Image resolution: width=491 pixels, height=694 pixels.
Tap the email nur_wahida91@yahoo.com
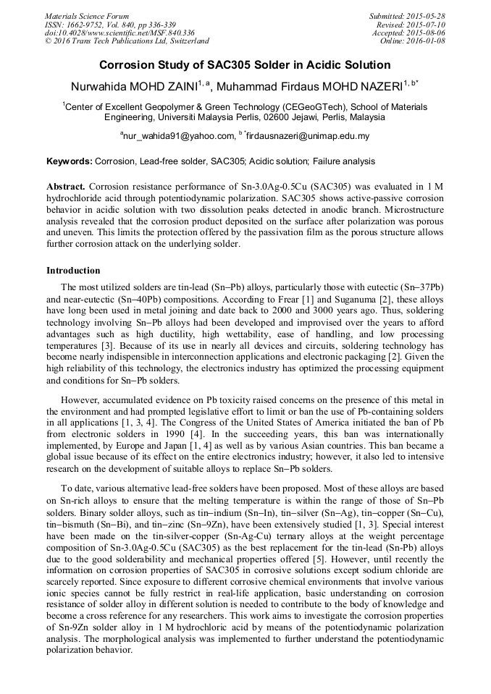177,136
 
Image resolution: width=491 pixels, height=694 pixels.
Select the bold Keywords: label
70,161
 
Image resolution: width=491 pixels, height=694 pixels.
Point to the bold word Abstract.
66,187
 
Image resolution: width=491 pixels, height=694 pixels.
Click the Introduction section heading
73,271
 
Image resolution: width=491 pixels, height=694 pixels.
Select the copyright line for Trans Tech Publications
127,42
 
